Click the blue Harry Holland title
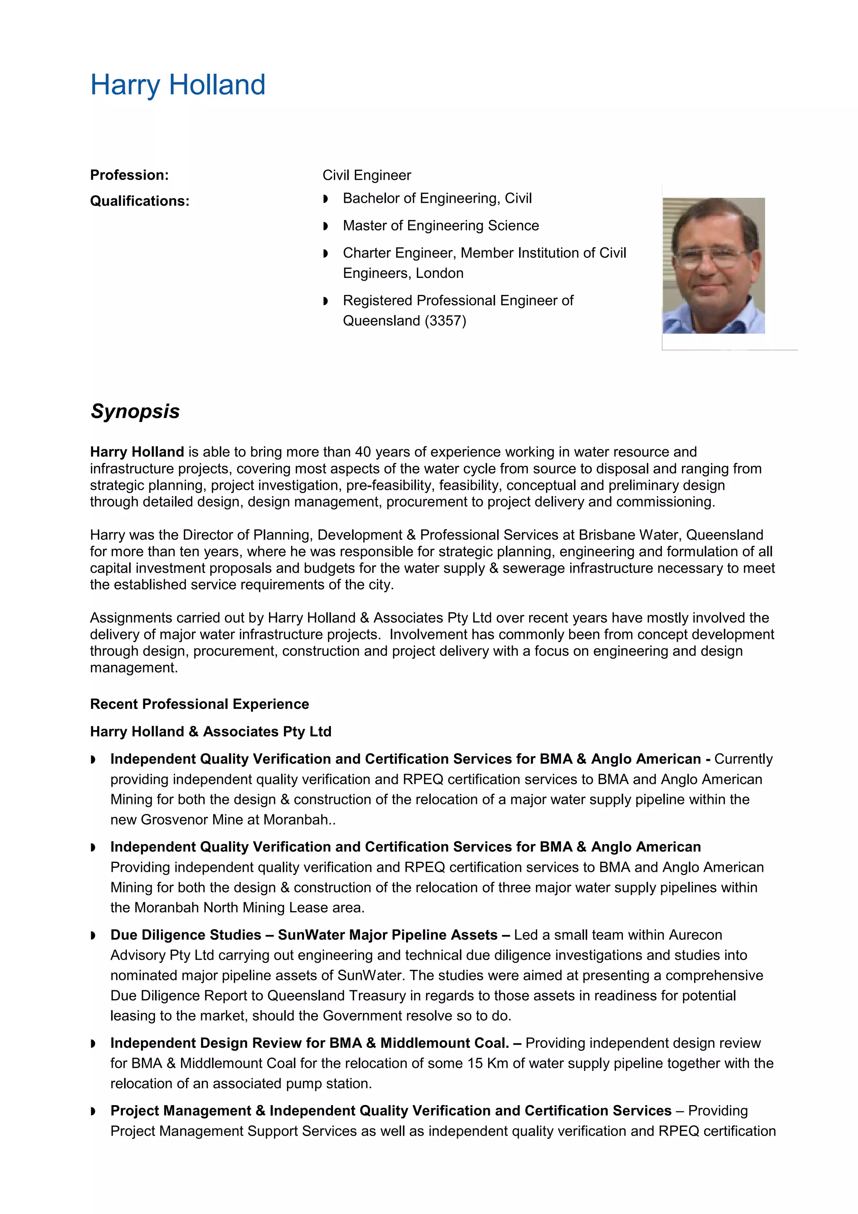[x=178, y=85]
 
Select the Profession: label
[x=129, y=175]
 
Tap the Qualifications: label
[x=140, y=201]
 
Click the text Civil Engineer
[x=366, y=175]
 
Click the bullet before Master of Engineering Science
[x=326, y=226]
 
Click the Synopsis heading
[x=135, y=411]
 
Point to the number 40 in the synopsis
[x=363, y=452]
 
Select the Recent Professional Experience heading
[x=199, y=704]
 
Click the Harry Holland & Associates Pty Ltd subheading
[x=210, y=732]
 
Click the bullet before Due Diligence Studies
[x=93, y=936]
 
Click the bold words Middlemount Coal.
[x=445, y=1043]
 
